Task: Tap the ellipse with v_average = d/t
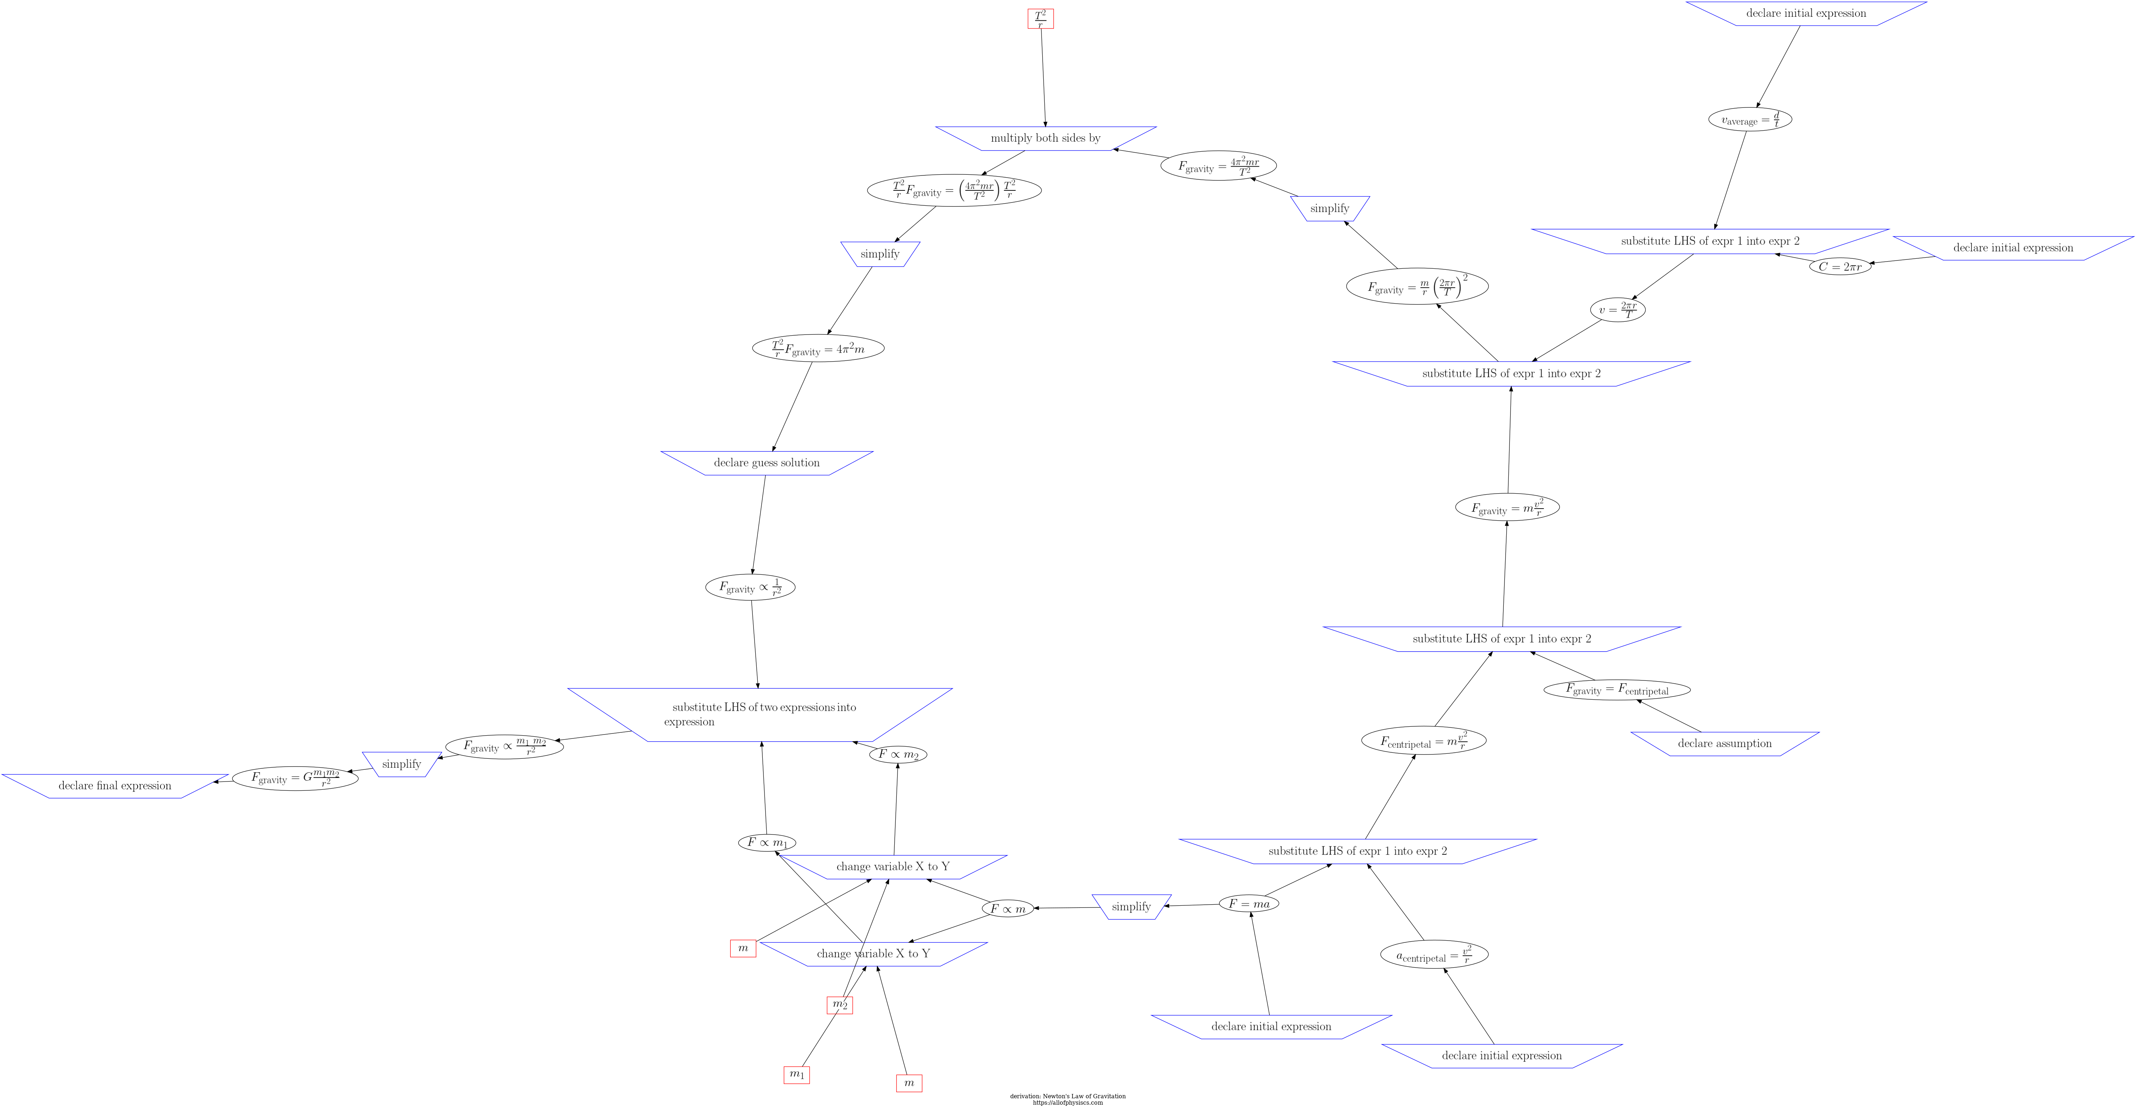click(x=1749, y=120)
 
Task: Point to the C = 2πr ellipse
click(x=1840, y=266)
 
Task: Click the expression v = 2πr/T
click(x=1617, y=309)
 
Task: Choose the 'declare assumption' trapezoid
click(x=1725, y=743)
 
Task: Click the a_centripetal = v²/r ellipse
click(x=1434, y=955)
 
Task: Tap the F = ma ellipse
click(x=1249, y=904)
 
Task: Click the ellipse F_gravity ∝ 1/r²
click(x=750, y=587)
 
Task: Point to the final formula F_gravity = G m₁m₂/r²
click(x=295, y=778)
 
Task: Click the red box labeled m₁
click(x=796, y=1074)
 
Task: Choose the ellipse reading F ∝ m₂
click(x=898, y=754)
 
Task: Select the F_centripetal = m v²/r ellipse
click(x=1423, y=741)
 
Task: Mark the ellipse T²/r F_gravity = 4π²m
click(x=817, y=348)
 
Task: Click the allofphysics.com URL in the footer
click(x=1067, y=1103)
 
